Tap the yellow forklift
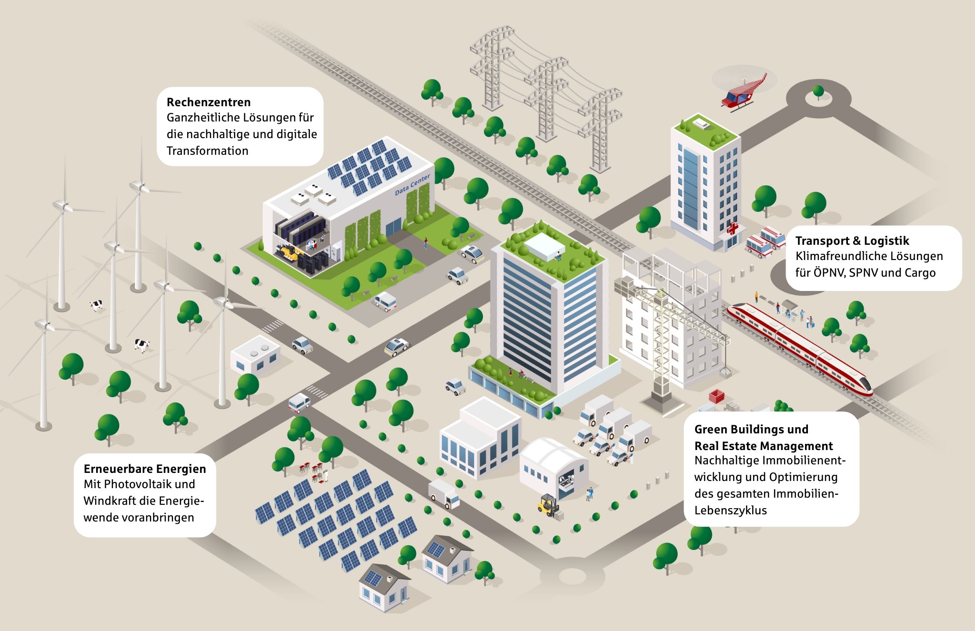(548, 505)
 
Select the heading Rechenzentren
(209, 102)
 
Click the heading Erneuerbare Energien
(145, 469)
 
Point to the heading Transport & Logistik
(852, 241)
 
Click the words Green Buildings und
(751, 430)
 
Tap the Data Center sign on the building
(412, 184)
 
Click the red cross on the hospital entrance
(732, 229)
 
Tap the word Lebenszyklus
(730, 511)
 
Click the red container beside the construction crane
(716, 396)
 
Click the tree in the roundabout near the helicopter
(818, 91)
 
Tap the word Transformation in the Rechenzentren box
(208, 151)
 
